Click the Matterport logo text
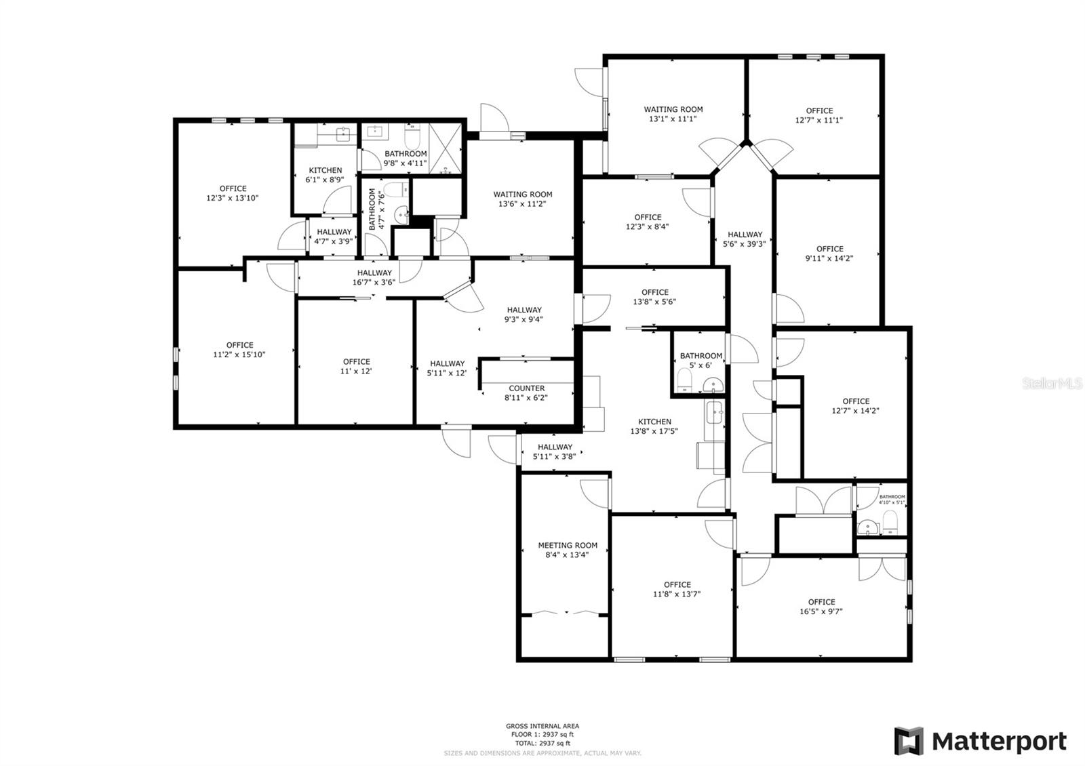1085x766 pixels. coord(999,741)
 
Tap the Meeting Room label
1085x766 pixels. coord(568,550)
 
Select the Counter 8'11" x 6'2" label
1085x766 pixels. coord(526,393)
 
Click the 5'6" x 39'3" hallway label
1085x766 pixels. coord(745,239)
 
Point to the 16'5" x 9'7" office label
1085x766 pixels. coord(821,606)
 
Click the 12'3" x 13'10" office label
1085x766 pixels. coord(233,193)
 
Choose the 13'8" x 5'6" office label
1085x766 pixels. coord(654,297)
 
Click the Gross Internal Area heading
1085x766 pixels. coord(542,726)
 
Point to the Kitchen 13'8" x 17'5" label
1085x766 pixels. coord(654,426)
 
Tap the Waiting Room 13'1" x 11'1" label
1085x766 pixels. coord(673,113)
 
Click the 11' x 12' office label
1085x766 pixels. coord(356,366)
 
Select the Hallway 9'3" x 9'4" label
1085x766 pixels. coord(524,315)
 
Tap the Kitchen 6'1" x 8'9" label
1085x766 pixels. coord(325,175)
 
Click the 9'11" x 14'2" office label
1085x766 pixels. coord(829,253)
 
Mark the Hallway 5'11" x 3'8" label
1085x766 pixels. coord(555,451)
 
